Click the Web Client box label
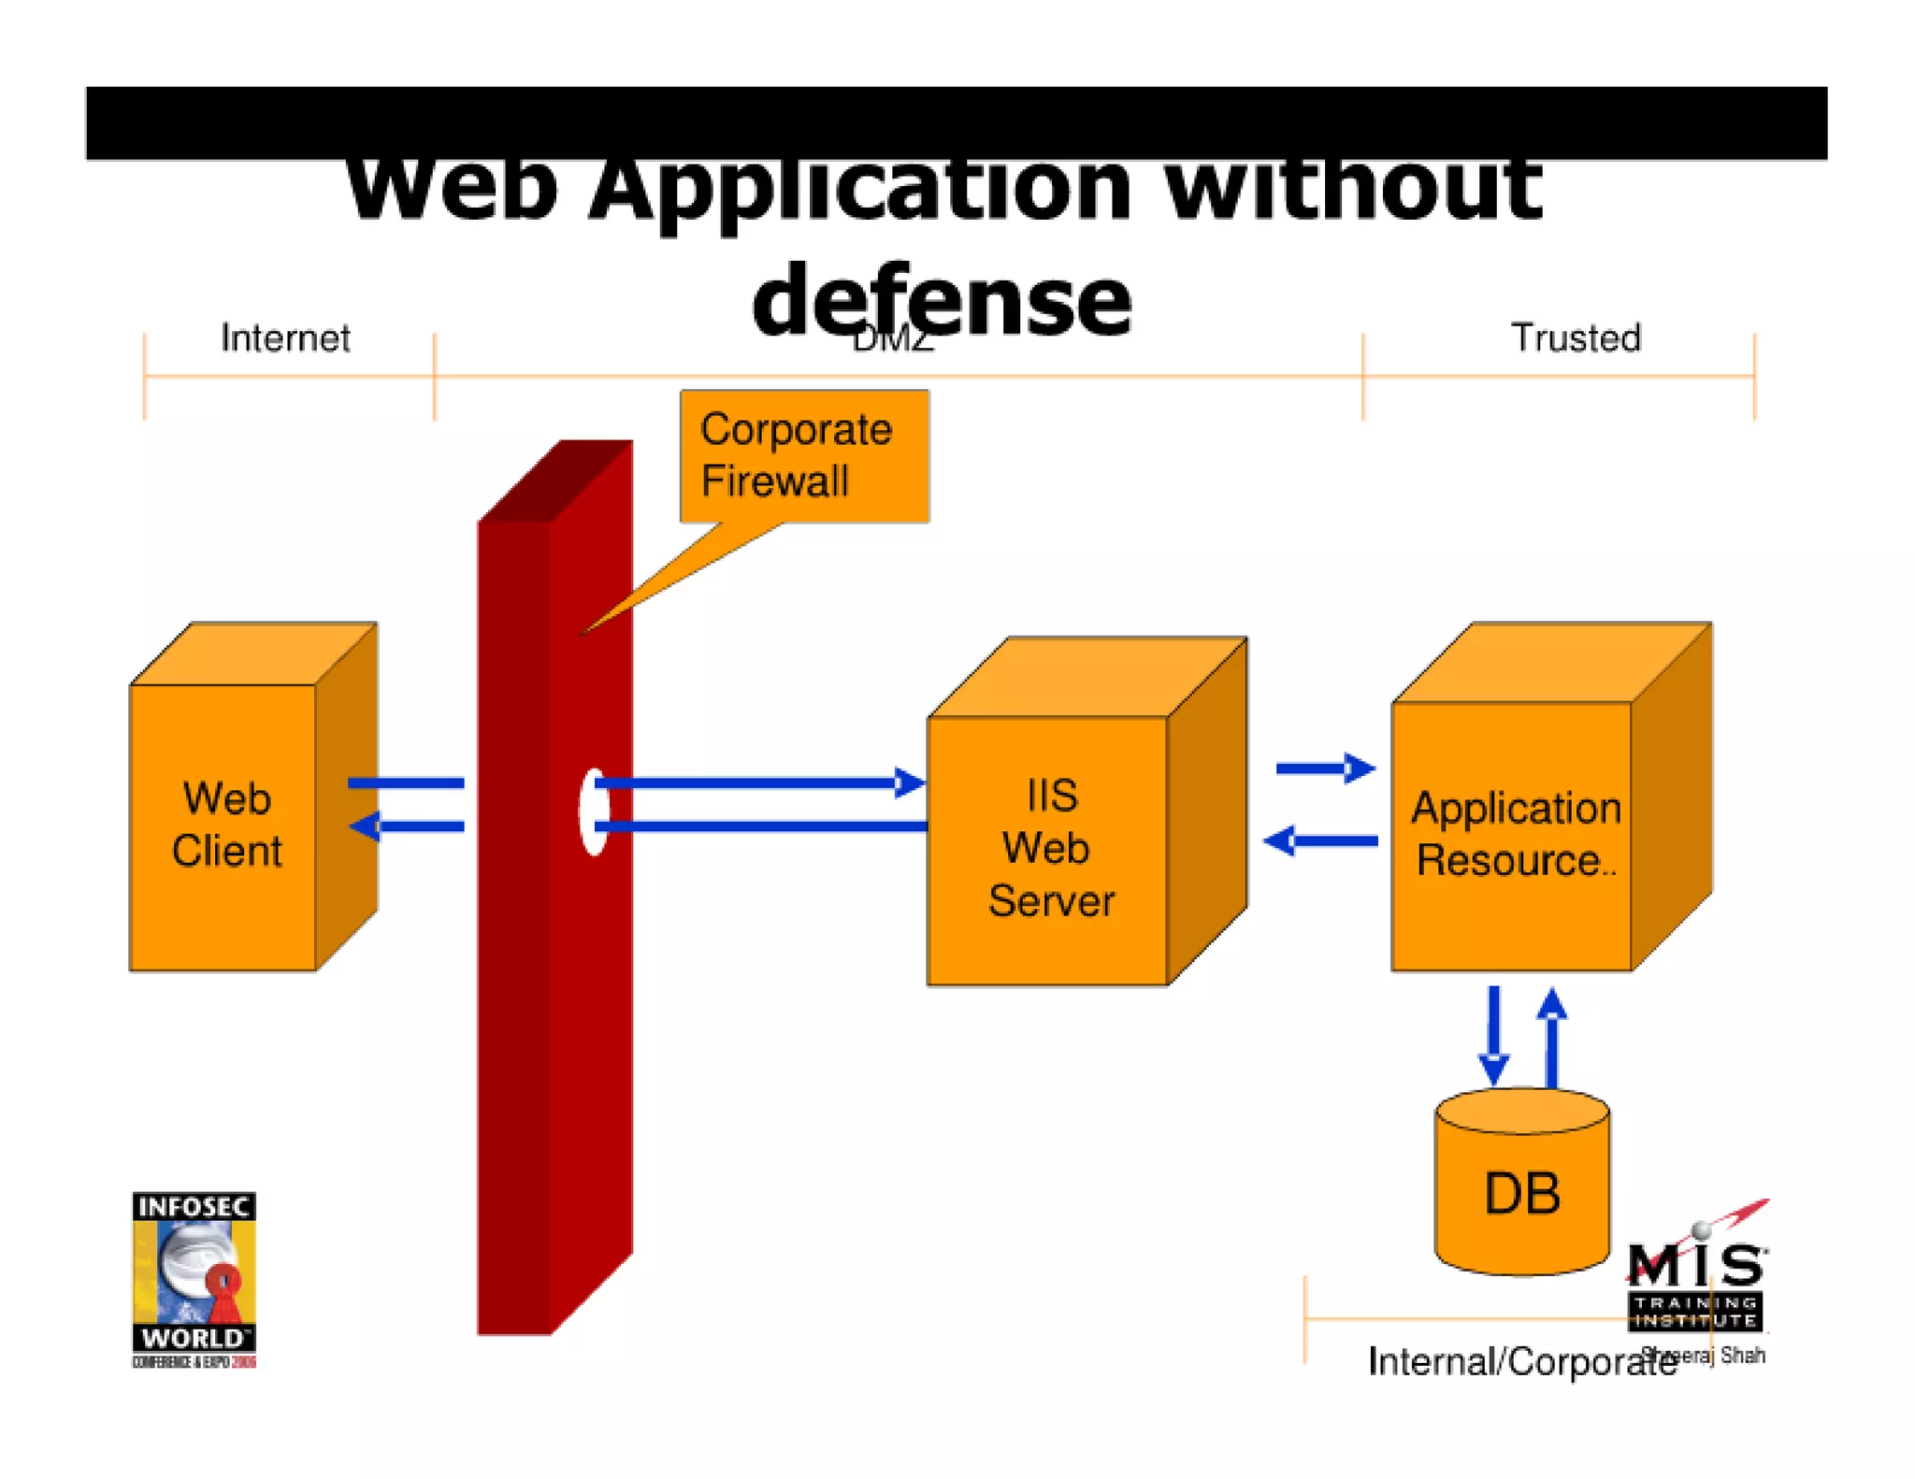point(226,825)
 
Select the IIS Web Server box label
point(1050,848)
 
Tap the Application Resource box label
point(1515,833)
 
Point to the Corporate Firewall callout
point(803,456)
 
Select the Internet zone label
point(284,337)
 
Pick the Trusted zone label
point(1576,337)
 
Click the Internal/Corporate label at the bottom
point(1520,1361)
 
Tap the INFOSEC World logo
point(194,1279)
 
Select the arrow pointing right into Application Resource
point(1325,768)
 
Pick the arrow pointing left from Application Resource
point(1319,840)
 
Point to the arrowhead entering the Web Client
point(365,826)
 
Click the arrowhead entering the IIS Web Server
point(909,783)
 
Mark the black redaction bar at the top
point(956,122)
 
